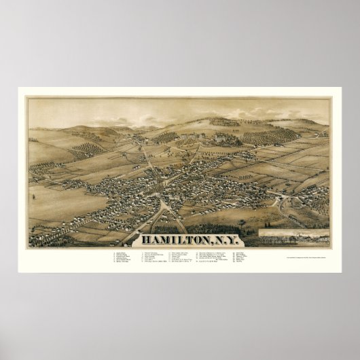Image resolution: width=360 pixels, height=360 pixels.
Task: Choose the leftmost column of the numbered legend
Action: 123,261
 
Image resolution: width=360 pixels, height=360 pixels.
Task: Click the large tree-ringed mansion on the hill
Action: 224,135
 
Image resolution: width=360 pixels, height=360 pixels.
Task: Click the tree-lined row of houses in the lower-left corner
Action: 54,234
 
